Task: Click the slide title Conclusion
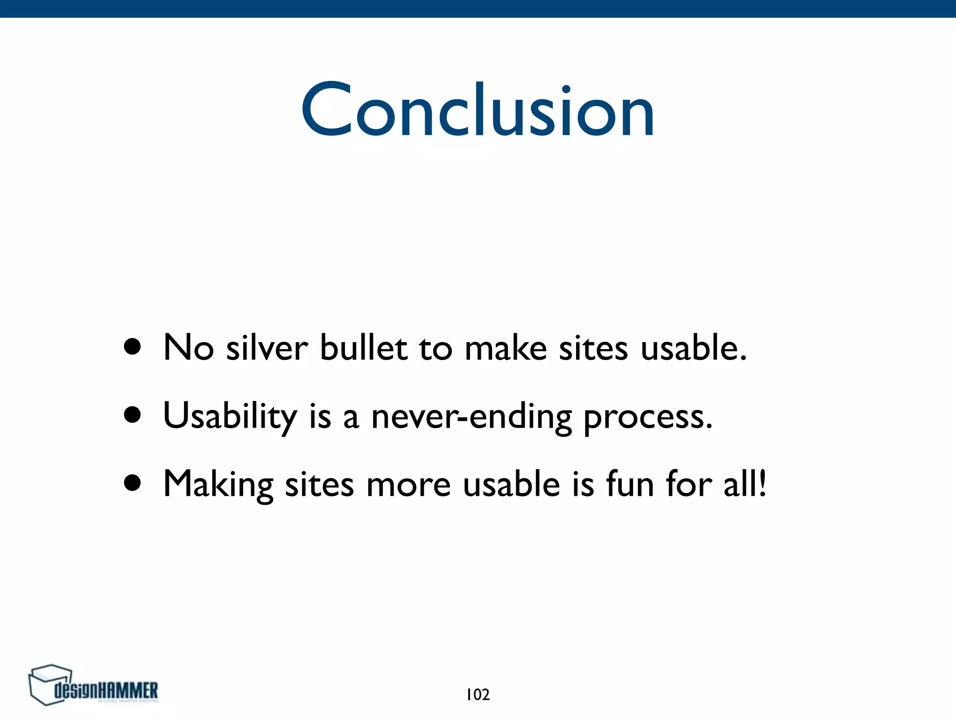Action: pyautogui.click(x=478, y=110)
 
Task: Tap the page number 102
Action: pyautogui.click(x=478, y=695)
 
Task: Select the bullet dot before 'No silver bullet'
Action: pyautogui.click(x=133, y=347)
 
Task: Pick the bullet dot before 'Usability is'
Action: pyautogui.click(x=133, y=415)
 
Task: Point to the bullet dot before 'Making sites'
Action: pyautogui.click(x=133, y=483)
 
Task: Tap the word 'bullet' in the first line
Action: pyautogui.click(x=363, y=348)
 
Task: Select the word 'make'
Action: pyautogui.click(x=506, y=348)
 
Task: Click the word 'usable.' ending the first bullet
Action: pyautogui.click(x=694, y=348)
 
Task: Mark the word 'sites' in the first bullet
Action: pyautogui.click(x=593, y=348)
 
